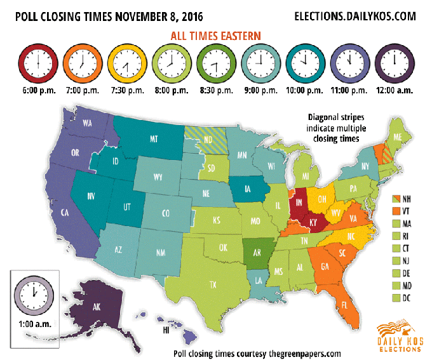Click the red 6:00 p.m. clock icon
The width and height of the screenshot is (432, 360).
pyautogui.click(x=38, y=62)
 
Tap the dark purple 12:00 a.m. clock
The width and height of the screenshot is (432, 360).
pyautogui.click(x=393, y=62)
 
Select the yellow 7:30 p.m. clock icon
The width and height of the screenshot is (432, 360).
pyautogui.click(x=126, y=62)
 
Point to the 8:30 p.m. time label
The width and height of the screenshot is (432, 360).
pyautogui.click(x=215, y=90)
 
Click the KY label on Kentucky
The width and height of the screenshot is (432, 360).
pyautogui.click(x=314, y=222)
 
